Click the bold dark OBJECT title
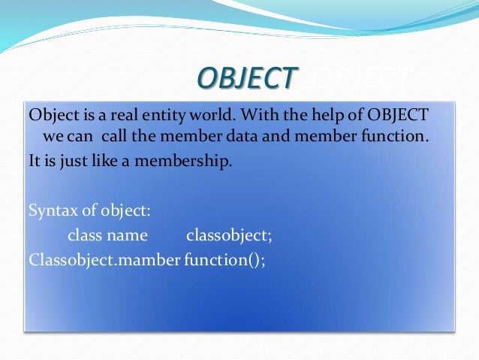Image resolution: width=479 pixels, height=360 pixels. click(246, 77)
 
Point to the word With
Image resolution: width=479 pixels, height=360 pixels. click(261, 115)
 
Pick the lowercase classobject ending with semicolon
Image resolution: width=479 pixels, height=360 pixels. click(229, 235)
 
